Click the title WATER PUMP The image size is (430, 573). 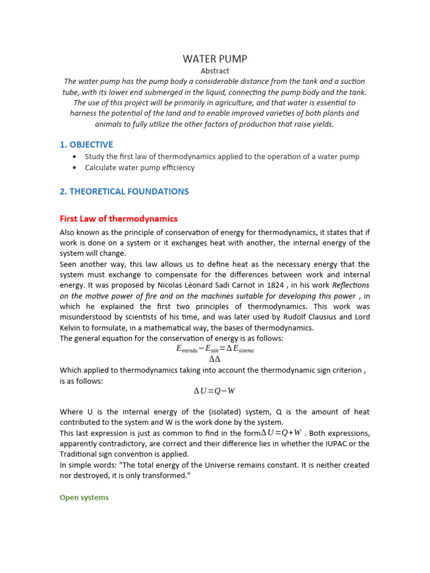(215, 59)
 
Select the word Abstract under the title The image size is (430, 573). (215, 71)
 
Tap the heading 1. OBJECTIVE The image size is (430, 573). (86, 144)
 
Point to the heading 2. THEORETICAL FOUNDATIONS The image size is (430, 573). (124, 191)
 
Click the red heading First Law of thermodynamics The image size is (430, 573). (119, 219)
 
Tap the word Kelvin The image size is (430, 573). (72, 328)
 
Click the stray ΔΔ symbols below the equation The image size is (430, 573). (214, 359)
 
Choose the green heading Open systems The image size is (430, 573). (85, 497)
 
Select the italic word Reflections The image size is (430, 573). (349, 285)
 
